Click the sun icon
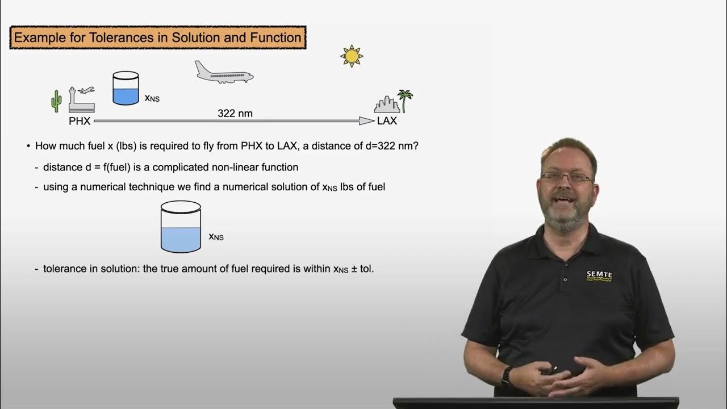point(352,56)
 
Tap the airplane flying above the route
point(224,73)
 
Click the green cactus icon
point(56,101)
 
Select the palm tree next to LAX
point(405,100)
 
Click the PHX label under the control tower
point(80,121)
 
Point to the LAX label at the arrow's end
point(387,121)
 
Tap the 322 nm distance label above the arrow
point(235,113)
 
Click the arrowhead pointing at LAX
point(366,120)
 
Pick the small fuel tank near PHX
point(126,88)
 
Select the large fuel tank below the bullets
point(181,227)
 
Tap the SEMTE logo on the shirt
point(599,276)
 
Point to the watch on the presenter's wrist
point(506,375)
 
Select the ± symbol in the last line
point(354,269)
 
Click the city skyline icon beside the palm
point(387,105)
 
